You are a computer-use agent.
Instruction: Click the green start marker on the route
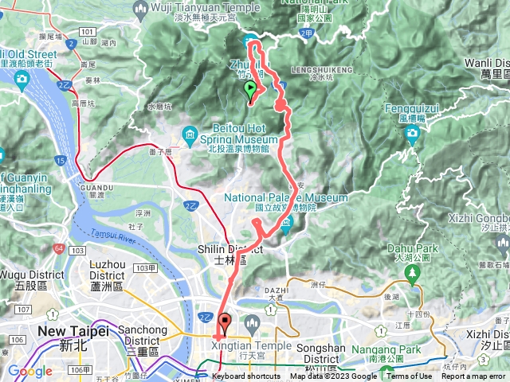click(250, 89)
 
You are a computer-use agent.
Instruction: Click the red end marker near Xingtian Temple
click(225, 322)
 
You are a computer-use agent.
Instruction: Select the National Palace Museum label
click(286, 197)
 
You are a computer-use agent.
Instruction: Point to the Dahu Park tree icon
click(412, 275)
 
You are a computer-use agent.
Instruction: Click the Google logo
click(29, 371)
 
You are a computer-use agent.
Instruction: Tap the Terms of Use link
click(410, 376)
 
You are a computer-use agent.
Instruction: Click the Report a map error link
click(476, 376)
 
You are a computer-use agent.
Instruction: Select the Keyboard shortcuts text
click(245, 376)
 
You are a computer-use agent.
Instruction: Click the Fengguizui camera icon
click(412, 133)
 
